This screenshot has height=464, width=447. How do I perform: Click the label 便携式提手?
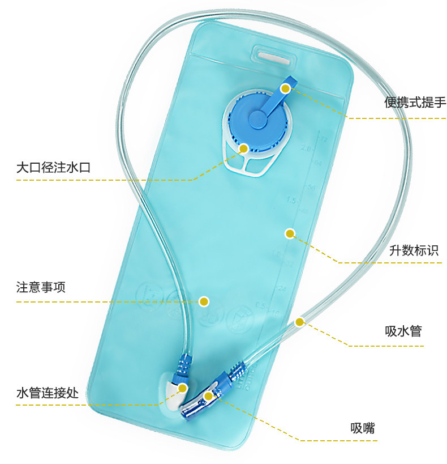pos(415,103)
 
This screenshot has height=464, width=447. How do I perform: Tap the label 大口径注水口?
pos(53,168)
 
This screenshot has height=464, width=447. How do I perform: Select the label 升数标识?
pos(414,250)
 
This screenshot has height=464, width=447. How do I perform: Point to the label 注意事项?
pos(41,287)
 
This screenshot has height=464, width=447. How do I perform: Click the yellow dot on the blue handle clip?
pos(285,88)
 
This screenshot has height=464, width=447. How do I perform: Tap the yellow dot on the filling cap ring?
pos(243,149)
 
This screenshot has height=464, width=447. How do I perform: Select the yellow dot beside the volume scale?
pos(290,233)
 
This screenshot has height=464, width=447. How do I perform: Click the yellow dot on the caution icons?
pos(204,301)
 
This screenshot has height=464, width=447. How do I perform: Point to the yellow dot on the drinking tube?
pos(300,322)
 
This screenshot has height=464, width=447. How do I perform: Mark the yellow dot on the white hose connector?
pos(182,388)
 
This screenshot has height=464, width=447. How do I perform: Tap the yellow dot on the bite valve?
pos(209,396)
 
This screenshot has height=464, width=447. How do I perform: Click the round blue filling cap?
pos(257,119)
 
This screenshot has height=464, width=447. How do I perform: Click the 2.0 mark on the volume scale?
pos(306,148)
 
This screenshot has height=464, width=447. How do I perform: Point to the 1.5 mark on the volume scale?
pos(292,200)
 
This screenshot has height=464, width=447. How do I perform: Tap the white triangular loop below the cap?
pos(248,164)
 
